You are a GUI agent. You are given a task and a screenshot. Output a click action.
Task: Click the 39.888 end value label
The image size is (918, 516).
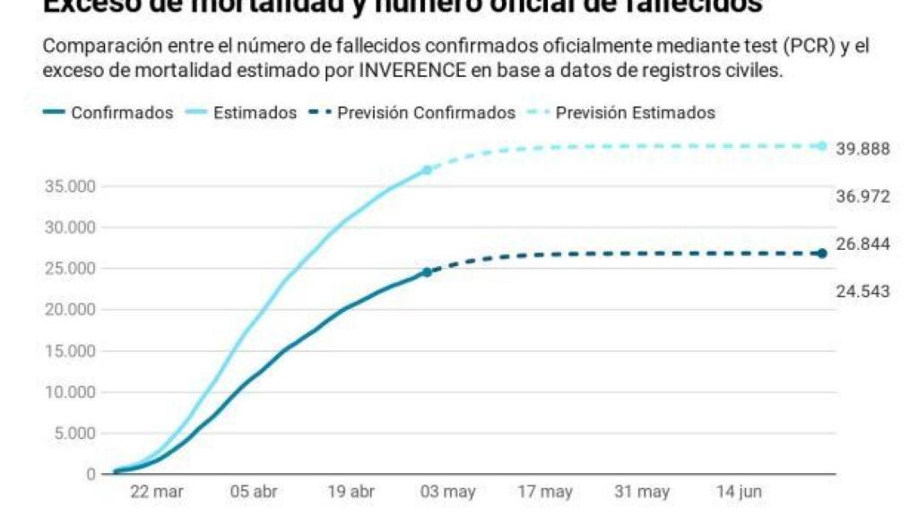862,149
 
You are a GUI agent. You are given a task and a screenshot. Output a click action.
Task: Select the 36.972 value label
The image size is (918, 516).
862,196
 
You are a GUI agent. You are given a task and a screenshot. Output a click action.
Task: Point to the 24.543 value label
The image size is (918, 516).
862,292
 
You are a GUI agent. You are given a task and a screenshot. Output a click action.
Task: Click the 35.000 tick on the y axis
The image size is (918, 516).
70,186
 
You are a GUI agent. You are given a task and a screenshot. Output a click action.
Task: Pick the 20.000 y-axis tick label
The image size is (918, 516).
70,310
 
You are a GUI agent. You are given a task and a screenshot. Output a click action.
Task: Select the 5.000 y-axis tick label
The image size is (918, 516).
74,434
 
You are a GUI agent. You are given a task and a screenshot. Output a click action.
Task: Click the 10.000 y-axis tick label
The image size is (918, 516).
70,392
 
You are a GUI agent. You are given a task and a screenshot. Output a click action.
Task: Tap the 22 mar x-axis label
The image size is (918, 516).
157,492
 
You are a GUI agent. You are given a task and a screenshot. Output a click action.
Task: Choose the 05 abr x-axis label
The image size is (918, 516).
254,492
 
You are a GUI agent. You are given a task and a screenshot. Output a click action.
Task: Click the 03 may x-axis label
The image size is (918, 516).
448,492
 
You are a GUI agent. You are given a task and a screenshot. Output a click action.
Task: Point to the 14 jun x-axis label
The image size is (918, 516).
739,492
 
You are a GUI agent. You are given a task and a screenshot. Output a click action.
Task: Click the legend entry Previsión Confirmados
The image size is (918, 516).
426,113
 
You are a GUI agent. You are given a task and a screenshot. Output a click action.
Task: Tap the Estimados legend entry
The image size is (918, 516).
255,113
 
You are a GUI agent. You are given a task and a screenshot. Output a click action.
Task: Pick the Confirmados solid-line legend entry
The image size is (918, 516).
122,113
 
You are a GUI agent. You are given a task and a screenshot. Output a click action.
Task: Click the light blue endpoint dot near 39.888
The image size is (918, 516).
821,145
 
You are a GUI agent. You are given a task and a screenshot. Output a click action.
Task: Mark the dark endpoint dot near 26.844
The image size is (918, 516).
821,254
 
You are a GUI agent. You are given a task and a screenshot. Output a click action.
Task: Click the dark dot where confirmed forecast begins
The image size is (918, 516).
427,271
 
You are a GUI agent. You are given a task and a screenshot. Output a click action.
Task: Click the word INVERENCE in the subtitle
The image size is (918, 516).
411,71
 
